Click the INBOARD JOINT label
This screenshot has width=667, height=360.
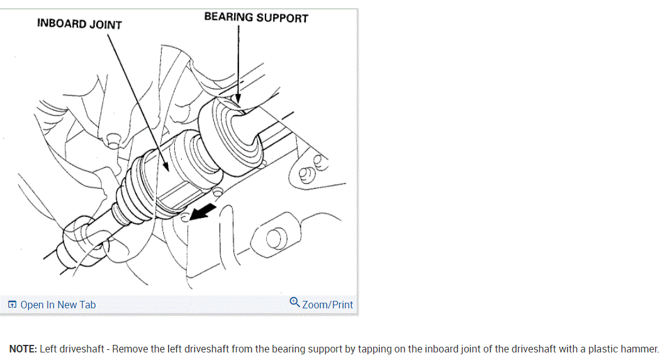[79, 24]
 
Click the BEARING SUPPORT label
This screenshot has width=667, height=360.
[256, 18]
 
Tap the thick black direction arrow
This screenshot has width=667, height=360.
[203, 212]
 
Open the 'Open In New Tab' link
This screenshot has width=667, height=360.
[58, 305]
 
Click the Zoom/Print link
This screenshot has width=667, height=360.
[327, 305]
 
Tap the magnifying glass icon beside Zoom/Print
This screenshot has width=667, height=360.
[294, 303]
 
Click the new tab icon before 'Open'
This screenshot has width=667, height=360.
[12, 305]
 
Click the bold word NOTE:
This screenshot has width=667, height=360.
[23, 349]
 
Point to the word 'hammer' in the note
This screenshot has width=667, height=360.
[641, 349]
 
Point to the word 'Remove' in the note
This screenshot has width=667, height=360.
[130, 349]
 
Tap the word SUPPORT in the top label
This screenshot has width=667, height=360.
[282, 18]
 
